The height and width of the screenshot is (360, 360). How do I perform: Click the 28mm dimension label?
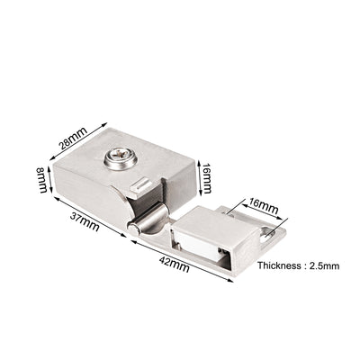(74, 139)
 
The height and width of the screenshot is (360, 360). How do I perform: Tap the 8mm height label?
(41, 180)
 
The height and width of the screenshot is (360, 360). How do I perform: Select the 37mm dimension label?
(85, 221)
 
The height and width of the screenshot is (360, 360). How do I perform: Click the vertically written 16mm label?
(207, 178)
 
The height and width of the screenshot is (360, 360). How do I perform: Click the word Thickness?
(279, 265)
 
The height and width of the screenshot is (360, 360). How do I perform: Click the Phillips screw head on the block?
(121, 157)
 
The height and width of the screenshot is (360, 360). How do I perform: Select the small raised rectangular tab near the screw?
(140, 184)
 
